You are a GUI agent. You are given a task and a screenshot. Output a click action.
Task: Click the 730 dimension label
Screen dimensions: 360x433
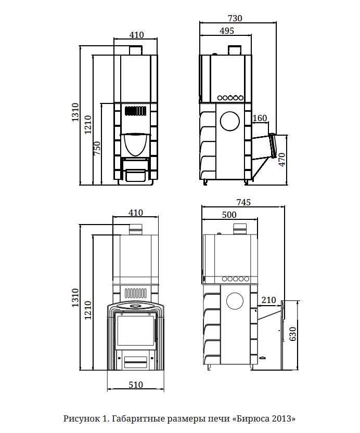coord(235,18)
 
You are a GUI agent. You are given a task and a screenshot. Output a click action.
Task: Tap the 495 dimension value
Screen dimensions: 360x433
coord(227,31)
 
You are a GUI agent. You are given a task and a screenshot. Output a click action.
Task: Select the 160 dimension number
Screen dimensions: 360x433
coord(260,118)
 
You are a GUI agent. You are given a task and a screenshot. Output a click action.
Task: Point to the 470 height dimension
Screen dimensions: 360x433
coord(281,160)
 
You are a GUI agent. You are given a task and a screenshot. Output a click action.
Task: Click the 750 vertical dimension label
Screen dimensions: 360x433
coord(97,148)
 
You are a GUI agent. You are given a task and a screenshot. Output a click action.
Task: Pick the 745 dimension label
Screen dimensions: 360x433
coord(243,202)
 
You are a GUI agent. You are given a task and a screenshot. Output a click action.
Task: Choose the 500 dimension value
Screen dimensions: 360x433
coord(229,215)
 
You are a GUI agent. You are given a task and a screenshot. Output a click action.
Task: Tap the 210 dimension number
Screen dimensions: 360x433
coord(268,299)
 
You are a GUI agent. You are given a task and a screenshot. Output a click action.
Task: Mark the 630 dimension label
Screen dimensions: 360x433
coord(292,334)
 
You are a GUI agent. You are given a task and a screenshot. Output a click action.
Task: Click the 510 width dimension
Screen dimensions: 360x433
coord(136,385)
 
